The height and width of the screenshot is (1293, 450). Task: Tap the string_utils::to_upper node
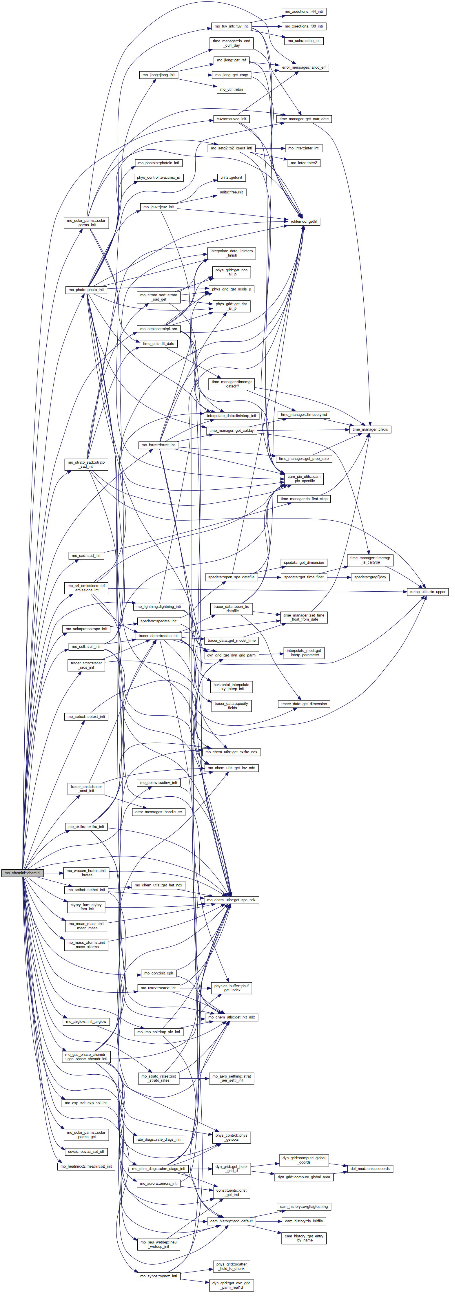[x=427, y=592]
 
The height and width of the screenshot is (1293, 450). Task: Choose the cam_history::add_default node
[x=232, y=1221]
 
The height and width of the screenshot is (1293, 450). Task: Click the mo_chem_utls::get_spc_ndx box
[x=232, y=900]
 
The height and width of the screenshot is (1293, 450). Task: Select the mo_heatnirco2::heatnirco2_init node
[x=86, y=1166]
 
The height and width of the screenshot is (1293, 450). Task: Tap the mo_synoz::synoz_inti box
[x=159, y=1275]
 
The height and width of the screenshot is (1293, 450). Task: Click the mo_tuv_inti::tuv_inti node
[x=232, y=26]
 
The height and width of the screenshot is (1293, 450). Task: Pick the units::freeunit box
[x=232, y=192]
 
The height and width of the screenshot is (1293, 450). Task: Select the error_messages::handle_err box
[x=159, y=812]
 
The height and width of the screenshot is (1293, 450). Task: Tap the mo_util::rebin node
[x=232, y=89]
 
